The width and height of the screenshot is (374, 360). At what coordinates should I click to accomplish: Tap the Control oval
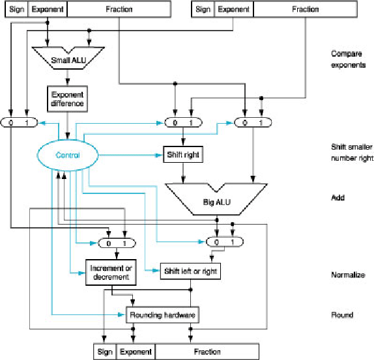coord(68,155)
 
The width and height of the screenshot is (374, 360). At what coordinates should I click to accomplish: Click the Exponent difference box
coord(68,98)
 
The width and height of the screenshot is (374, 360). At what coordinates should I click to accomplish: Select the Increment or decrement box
coord(109,272)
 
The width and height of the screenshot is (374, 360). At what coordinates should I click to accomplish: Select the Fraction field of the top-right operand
coord(305,10)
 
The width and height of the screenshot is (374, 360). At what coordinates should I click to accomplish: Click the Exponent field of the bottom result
coord(136,352)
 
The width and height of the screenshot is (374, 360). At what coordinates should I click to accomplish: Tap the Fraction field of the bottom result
coord(207,352)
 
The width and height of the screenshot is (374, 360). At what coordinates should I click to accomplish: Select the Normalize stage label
coord(347,275)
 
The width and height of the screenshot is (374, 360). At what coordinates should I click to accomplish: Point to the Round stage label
coord(341,315)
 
